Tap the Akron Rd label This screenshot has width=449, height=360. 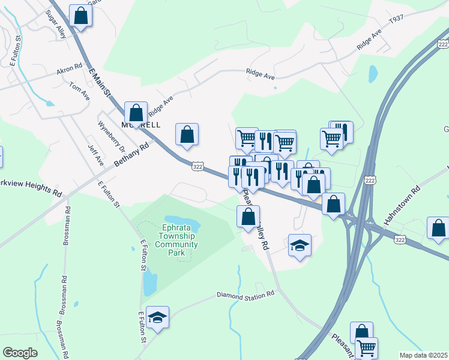click(69, 70)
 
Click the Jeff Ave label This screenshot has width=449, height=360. click(96, 155)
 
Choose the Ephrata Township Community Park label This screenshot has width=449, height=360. click(176, 240)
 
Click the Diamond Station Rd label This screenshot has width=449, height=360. click(245, 295)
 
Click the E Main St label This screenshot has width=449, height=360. click(100, 82)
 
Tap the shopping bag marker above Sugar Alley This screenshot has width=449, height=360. click(80, 16)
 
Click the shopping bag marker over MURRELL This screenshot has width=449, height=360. click(136, 112)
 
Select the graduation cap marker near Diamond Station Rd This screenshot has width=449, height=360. click(157, 317)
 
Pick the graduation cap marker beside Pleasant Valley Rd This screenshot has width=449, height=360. click(300, 245)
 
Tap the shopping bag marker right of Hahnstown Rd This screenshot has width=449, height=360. click(438, 228)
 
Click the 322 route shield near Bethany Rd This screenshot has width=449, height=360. click(199, 165)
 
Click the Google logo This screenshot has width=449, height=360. click(20, 353)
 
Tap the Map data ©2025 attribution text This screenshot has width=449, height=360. click(423, 355)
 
